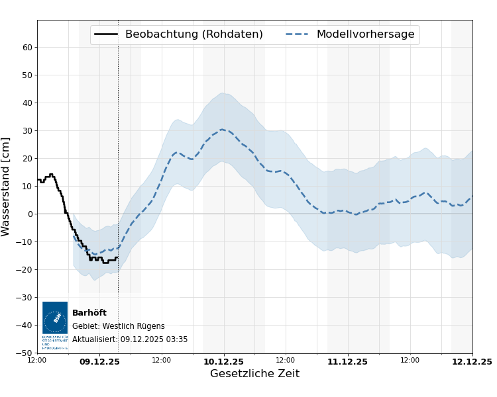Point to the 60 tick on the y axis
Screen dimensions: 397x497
click(28, 47)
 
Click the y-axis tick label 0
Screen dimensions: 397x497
click(30, 214)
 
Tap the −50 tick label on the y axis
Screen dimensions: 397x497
click(25, 353)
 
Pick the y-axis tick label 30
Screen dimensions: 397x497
click(28, 130)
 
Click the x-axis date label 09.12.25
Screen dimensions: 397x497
click(99, 362)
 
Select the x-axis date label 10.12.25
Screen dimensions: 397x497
click(223, 362)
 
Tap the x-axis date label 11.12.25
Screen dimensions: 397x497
click(347, 362)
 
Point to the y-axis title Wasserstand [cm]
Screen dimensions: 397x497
click(7, 187)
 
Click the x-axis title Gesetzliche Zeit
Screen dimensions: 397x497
click(254, 374)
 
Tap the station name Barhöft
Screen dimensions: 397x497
click(89, 313)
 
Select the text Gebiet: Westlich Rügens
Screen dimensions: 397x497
click(118, 326)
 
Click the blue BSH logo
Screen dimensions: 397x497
click(55, 318)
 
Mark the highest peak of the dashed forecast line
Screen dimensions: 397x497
click(222, 130)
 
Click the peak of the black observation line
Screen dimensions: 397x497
click(51, 174)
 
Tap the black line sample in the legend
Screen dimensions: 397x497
click(106, 34)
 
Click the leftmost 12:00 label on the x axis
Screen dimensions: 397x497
click(37, 361)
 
